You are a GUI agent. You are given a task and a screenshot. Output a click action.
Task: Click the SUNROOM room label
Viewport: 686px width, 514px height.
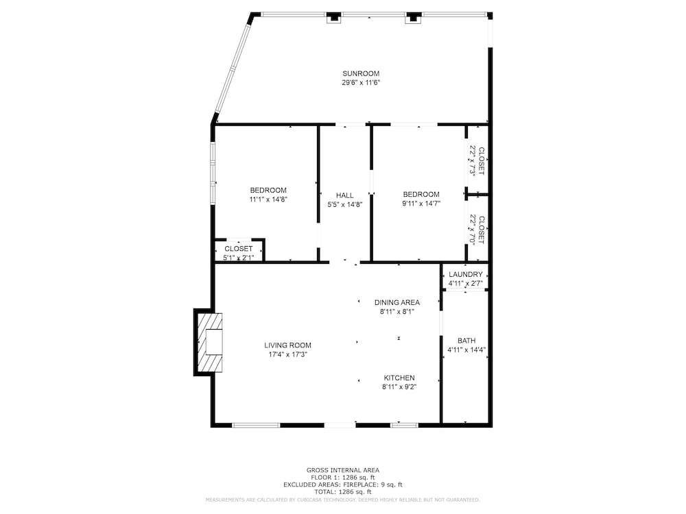(x=361, y=73)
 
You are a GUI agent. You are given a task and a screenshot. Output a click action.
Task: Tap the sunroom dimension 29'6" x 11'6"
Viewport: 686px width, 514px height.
(x=361, y=83)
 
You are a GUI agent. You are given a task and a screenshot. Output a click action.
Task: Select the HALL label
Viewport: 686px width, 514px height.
(x=345, y=195)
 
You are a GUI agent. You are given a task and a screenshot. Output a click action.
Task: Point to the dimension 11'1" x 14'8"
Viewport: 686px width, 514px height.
(x=268, y=199)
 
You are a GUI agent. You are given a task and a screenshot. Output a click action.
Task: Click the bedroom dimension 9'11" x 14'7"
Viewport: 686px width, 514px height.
(x=421, y=204)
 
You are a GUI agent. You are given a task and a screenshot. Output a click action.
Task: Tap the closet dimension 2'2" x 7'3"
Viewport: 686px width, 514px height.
(x=473, y=160)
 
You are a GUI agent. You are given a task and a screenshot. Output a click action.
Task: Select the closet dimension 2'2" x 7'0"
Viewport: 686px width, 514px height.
(x=473, y=229)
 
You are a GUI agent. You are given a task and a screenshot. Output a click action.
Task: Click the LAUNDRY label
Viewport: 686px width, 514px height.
(x=466, y=275)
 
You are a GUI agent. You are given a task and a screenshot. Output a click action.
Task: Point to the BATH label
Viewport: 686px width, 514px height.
(x=466, y=341)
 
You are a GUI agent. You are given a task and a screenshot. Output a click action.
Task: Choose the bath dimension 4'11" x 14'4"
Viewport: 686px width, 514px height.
(x=466, y=350)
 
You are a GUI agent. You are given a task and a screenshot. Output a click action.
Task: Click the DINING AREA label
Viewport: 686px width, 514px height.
(x=397, y=302)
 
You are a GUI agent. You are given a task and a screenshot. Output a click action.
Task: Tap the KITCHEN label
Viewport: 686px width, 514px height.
(x=399, y=378)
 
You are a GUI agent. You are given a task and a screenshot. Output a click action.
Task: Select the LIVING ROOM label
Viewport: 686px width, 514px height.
(x=287, y=345)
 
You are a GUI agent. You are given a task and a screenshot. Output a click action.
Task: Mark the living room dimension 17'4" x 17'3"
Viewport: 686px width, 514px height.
(x=288, y=354)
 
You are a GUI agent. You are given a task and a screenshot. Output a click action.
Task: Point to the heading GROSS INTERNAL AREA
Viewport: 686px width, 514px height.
(x=342, y=470)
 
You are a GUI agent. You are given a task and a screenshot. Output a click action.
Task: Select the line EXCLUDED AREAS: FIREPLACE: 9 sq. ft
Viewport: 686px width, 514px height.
(x=342, y=485)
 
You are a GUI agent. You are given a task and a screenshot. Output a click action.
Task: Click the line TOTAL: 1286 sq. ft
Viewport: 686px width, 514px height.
(x=342, y=491)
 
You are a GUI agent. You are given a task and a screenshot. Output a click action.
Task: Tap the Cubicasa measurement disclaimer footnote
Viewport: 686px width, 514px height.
(x=342, y=500)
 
